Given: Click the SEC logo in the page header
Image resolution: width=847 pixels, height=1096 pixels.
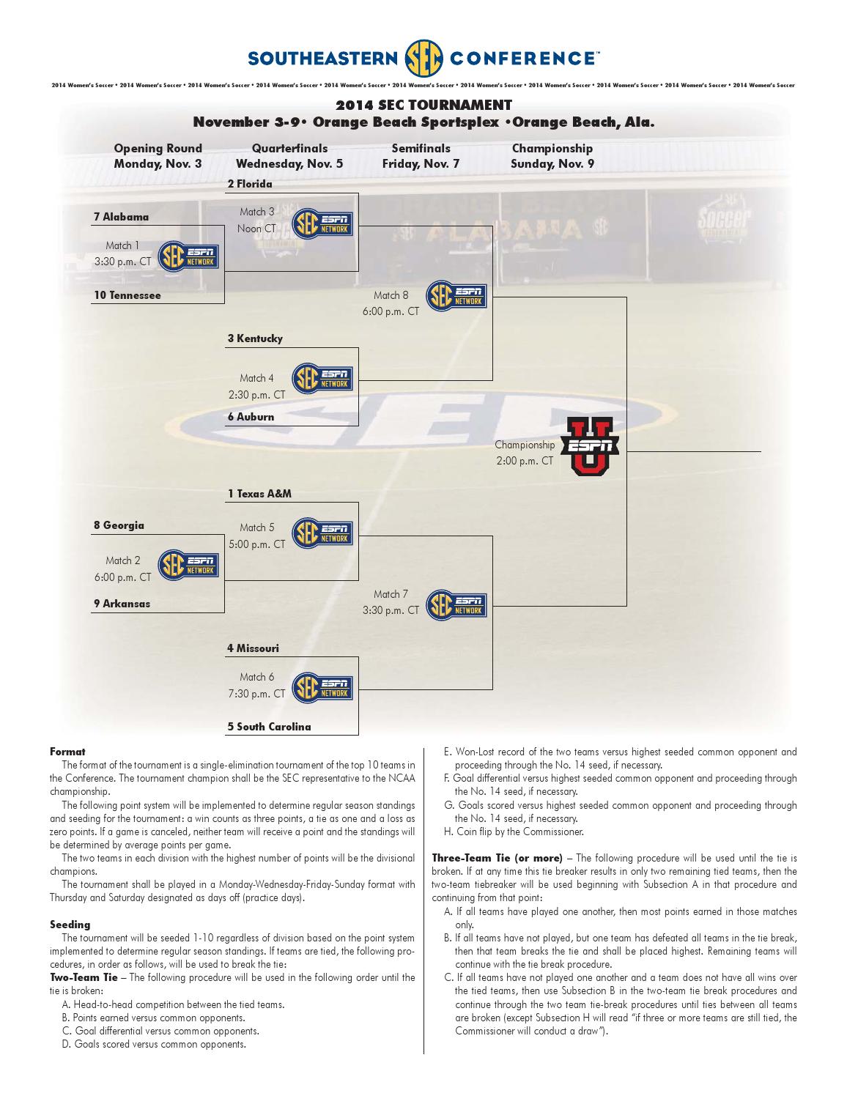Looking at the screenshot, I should tap(423, 57).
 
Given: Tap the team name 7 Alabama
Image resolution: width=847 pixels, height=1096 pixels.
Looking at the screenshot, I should tap(121, 217).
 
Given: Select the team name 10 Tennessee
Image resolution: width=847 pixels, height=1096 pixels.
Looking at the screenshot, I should tap(127, 295).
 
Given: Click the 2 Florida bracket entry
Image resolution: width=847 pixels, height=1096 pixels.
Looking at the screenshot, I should tap(250, 184).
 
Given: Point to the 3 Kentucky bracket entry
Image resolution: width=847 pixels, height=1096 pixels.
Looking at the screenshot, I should tap(255, 338).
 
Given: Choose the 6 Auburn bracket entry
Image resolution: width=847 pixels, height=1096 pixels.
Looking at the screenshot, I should tap(251, 417).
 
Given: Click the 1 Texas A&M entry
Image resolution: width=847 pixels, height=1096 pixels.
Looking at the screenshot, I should tap(259, 494).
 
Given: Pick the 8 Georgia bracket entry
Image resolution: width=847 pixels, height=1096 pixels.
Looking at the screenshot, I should tap(119, 525).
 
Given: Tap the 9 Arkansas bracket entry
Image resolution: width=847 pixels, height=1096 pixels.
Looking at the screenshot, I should tap(122, 604).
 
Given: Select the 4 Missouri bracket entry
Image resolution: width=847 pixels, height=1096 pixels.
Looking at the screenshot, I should tap(253, 648).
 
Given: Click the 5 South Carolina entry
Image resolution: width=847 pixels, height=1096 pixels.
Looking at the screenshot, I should tap(269, 727).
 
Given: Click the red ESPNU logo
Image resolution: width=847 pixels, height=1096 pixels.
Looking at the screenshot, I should tap(590, 448).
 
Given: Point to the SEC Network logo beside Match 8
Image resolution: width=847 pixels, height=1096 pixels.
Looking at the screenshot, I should tap(456, 296).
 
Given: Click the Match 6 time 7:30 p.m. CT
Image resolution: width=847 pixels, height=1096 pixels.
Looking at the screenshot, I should tap(256, 694).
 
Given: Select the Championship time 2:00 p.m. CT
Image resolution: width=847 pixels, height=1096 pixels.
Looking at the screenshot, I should tap(525, 461).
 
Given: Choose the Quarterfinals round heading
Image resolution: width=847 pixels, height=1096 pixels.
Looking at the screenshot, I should tap(289, 148).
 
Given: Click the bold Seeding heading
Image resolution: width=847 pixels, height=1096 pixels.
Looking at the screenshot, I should tap(70, 925).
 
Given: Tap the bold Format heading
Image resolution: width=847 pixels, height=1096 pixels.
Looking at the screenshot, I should tap(67, 751).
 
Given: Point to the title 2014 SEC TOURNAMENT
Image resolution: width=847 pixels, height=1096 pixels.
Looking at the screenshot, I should tap(423, 105).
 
